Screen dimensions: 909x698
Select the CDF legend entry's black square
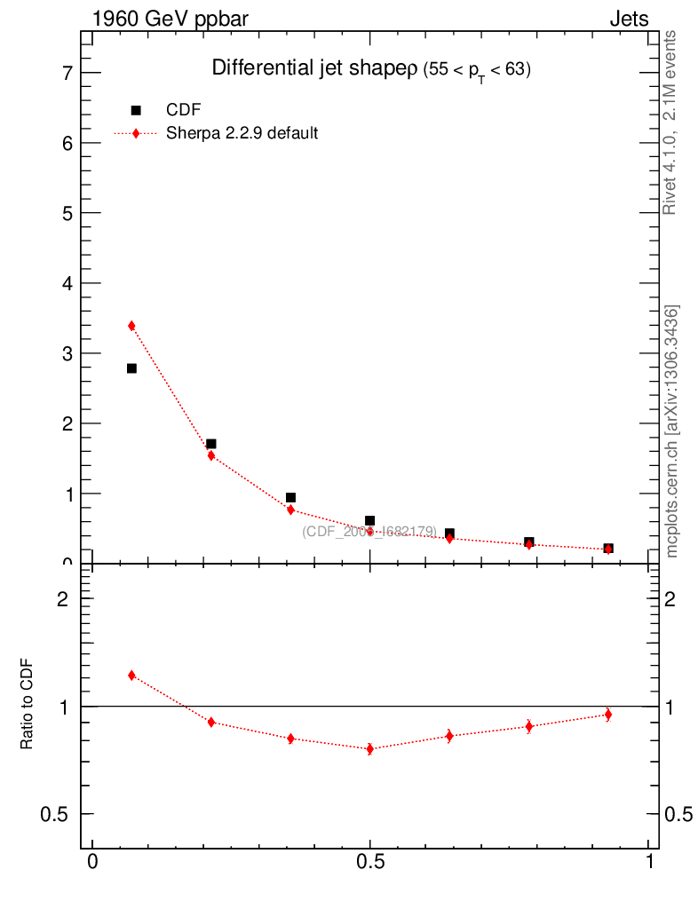click(136, 110)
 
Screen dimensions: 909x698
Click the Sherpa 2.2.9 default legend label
click(242, 134)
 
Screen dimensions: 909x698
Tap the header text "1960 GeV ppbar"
click(171, 19)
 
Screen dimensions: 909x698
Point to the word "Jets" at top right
click(629, 19)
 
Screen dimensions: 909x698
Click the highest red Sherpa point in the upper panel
click(131, 326)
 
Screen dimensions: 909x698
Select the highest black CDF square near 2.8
click(131, 368)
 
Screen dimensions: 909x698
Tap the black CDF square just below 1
click(290, 498)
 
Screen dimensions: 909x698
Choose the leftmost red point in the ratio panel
click(131, 676)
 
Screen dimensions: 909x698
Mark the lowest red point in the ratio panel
click(370, 749)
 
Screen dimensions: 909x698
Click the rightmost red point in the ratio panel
click(608, 715)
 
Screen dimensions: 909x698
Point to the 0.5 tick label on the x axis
click(370, 863)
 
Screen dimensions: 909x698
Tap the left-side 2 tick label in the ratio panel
click(62, 599)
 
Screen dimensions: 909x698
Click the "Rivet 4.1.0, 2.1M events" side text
click(671, 123)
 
